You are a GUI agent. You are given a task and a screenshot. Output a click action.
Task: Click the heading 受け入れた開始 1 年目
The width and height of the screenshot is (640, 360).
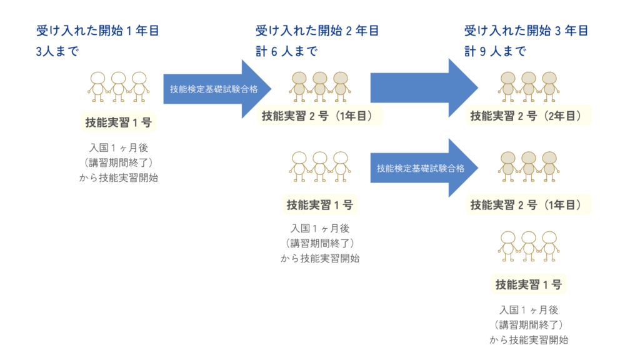tap(97, 31)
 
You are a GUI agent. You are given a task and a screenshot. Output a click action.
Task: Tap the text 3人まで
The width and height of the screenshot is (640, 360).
tap(57, 51)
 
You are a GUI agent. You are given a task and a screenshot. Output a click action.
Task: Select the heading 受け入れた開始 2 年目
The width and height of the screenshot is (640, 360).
tap(317, 31)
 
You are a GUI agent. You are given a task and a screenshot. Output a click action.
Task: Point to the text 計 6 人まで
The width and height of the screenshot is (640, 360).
tap(286, 51)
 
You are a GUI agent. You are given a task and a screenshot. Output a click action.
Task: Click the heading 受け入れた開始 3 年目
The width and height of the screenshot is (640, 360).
tap(526, 31)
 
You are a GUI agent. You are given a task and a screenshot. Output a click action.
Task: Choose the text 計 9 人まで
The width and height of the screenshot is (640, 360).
tap(495, 51)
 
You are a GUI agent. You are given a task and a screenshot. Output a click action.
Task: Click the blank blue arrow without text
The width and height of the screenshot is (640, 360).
tap(424, 87)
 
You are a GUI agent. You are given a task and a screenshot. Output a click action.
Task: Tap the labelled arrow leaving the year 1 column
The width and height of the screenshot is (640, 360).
tap(217, 89)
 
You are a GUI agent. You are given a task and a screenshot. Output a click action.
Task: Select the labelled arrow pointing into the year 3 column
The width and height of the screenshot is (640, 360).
tap(424, 167)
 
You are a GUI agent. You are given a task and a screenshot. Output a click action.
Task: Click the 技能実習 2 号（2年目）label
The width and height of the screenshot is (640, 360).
tap(528, 116)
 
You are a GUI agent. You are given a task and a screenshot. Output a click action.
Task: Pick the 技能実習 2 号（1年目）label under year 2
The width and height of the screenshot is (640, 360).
tap(319, 116)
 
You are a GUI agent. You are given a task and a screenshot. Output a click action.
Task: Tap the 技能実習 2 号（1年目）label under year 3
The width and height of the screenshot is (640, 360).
tap(528, 205)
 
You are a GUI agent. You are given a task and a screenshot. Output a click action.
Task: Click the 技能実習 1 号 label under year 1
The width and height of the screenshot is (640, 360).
tap(118, 122)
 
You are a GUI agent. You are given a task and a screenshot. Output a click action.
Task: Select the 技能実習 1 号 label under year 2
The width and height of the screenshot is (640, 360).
tap(319, 205)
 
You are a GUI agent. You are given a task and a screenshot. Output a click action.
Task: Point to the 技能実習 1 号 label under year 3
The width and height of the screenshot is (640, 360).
tap(529, 284)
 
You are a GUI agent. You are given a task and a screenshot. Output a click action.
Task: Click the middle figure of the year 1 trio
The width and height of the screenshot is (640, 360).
tap(118, 86)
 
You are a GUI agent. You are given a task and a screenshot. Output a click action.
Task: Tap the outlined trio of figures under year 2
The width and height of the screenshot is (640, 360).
tap(319, 166)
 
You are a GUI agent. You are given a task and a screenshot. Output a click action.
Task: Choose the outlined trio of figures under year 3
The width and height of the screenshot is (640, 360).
tap(529, 246)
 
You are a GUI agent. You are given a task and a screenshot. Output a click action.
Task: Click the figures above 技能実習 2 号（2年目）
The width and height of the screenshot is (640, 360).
tap(529, 86)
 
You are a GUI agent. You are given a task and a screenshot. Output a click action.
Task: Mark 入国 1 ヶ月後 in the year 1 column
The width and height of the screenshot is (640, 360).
tap(119, 147)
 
